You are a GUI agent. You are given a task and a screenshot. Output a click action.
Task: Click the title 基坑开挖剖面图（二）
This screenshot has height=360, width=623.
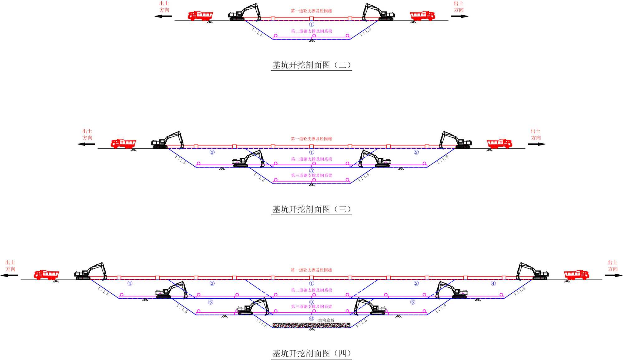[311, 65]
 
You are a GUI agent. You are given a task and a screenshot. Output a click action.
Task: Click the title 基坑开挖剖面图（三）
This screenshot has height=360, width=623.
[311, 209]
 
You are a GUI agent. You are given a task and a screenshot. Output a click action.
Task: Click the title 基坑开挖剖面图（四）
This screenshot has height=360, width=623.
[311, 353]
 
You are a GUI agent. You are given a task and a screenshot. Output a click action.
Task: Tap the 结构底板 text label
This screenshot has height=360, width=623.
[326, 320]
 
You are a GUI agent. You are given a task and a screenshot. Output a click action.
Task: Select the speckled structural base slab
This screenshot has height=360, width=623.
[311, 325]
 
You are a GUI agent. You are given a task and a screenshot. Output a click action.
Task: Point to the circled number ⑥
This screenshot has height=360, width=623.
[311, 319]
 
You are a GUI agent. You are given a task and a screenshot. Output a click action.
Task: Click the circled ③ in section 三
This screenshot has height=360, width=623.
[311, 171]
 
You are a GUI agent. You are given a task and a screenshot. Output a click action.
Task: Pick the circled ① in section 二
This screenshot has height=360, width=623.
[311, 24]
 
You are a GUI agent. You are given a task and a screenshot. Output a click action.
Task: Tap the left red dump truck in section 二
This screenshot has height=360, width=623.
[200, 16]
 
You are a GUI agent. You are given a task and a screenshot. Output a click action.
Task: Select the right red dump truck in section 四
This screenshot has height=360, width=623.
[576, 275]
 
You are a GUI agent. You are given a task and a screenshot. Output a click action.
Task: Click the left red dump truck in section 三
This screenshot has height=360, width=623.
[123, 144]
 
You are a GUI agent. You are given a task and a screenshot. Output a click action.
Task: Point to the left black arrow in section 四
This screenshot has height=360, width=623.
[9, 275]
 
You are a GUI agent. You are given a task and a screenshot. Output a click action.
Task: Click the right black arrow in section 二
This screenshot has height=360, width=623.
[459, 16]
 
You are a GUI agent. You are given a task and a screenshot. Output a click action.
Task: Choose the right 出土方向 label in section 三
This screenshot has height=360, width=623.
[535, 135]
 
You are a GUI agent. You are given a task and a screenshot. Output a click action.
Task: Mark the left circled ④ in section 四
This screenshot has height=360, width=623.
[130, 283]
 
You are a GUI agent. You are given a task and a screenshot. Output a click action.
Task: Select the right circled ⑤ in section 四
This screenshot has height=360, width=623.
[413, 302]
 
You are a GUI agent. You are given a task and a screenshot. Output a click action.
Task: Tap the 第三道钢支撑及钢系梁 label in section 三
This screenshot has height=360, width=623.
[311, 176]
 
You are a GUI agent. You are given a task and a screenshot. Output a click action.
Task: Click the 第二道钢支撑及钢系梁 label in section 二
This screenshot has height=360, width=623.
[311, 31]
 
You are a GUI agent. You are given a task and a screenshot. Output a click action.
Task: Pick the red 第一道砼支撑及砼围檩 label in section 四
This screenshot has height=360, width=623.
[311, 270]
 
